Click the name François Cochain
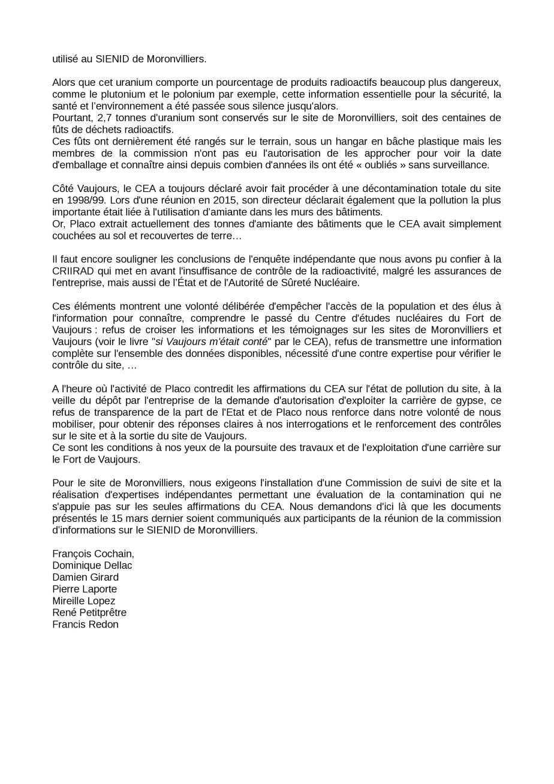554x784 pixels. click(x=93, y=554)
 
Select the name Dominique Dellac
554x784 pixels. click(x=92, y=566)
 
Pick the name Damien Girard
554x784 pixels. click(x=85, y=577)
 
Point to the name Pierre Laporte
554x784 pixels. click(x=85, y=589)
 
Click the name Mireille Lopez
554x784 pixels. click(x=83, y=601)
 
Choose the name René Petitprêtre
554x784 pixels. click(x=89, y=612)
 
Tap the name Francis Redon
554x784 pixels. click(x=85, y=624)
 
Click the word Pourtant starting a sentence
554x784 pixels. click(x=71, y=118)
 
